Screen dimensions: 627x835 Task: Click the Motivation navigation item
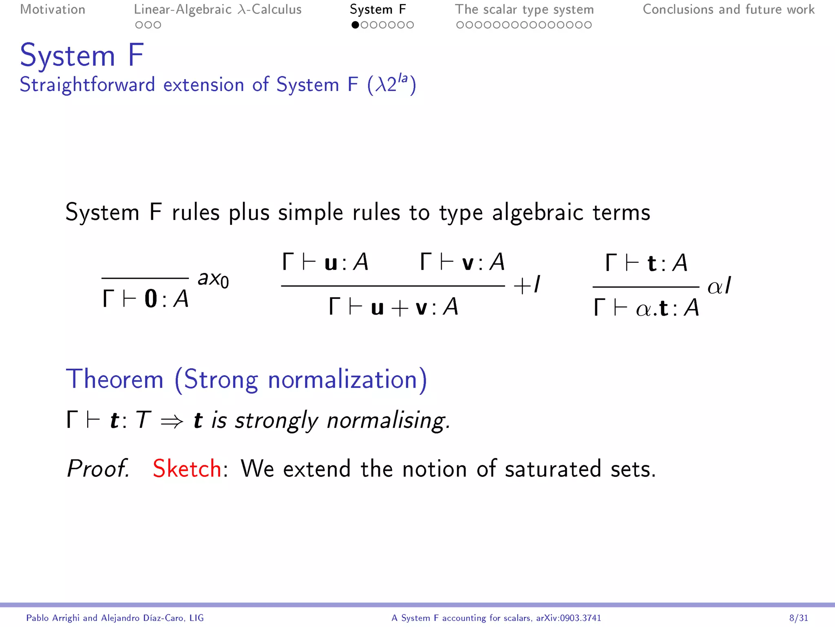point(53,9)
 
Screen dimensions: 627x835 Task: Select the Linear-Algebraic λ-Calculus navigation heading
point(218,9)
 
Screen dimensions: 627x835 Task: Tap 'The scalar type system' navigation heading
point(524,9)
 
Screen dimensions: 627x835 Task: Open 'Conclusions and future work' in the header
point(729,9)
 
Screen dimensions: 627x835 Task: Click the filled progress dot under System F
point(355,25)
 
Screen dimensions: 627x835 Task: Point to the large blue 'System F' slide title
point(82,55)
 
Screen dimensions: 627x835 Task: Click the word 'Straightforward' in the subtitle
point(87,85)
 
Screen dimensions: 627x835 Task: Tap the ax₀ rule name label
point(213,279)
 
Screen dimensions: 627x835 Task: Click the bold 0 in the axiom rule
point(151,299)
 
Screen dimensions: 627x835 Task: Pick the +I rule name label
point(527,285)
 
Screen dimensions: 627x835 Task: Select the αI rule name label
point(719,285)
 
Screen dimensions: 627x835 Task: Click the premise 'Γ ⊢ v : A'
point(462,262)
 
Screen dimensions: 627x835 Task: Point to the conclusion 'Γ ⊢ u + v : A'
point(393,307)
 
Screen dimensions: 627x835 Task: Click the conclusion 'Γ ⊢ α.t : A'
point(646,308)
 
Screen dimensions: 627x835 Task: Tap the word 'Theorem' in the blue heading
point(115,379)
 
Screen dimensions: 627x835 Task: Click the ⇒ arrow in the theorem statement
point(172,421)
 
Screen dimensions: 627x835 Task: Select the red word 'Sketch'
point(187,468)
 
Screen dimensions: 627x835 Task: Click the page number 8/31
point(798,618)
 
